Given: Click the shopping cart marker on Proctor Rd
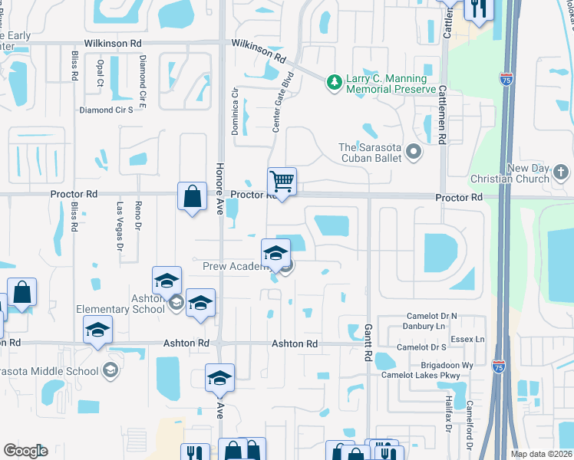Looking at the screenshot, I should pos(282,182).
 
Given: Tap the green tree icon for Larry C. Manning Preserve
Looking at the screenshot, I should pos(334,80).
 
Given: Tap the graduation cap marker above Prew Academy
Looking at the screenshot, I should pos(275,254).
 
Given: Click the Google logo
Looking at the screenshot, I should pos(25,451).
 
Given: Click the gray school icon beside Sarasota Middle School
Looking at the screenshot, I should pos(111,371).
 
